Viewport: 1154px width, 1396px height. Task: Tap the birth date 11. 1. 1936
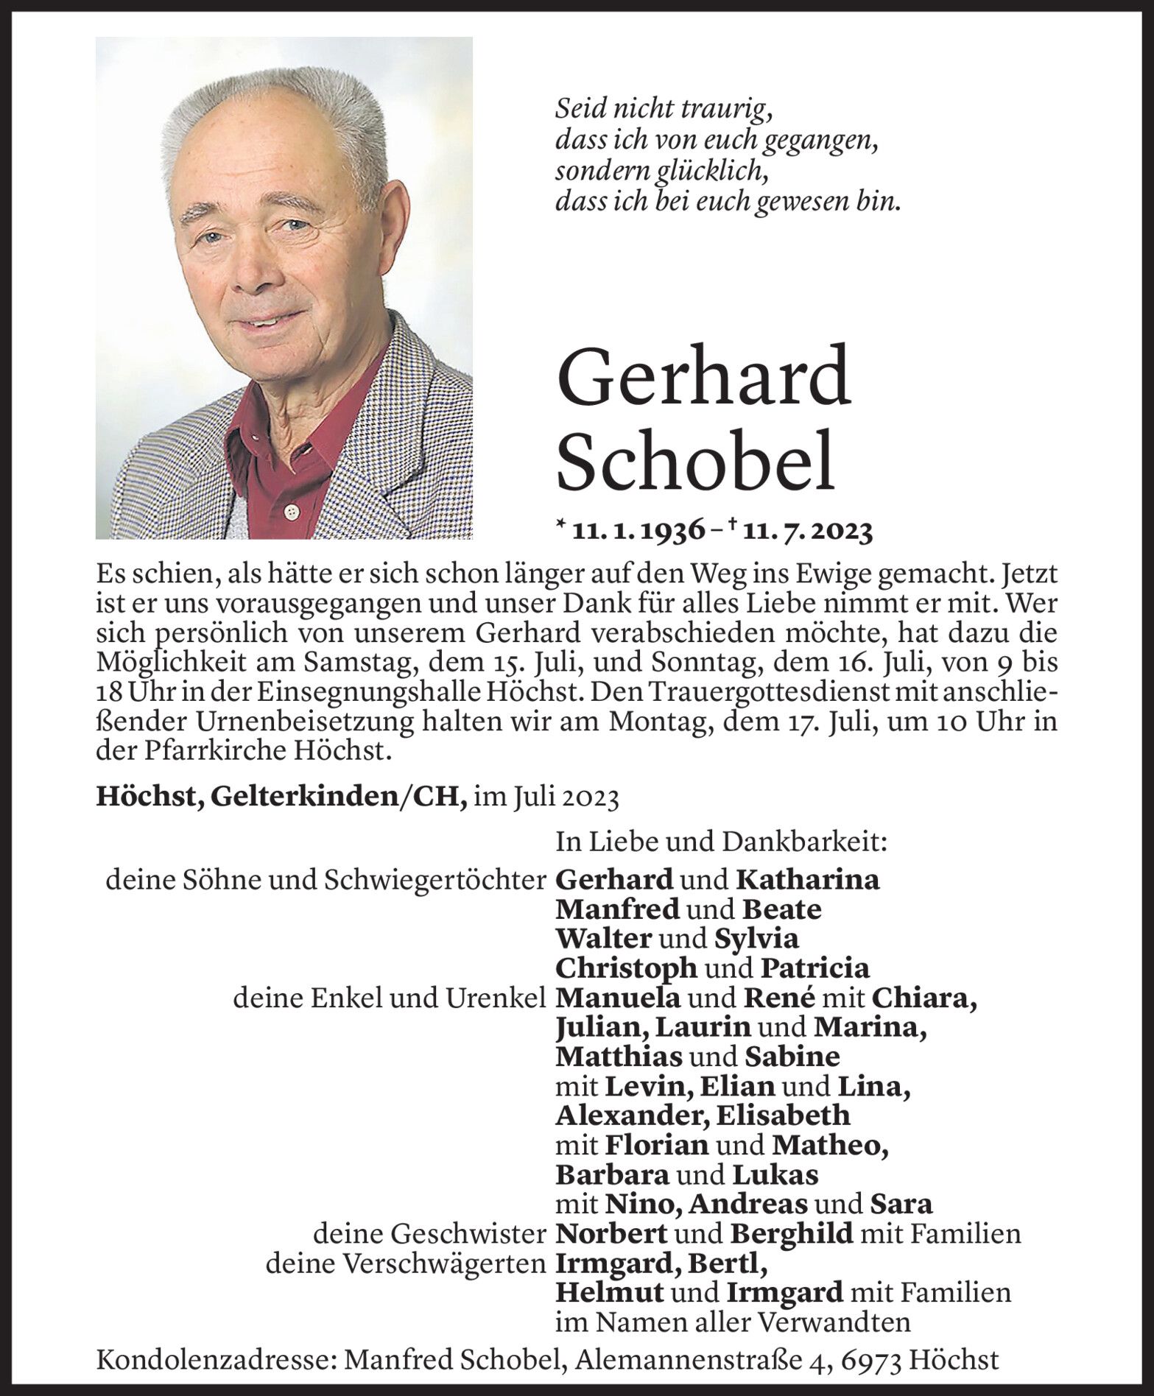coord(638,531)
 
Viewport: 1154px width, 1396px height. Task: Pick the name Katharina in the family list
coord(808,880)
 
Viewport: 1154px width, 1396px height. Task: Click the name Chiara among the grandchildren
coord(924,998)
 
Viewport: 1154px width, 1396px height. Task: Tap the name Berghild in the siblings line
coord(791,1233)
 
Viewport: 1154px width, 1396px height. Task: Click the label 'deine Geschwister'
coord(430,1233)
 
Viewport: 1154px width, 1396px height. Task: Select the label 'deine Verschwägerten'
coord(406,1263)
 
